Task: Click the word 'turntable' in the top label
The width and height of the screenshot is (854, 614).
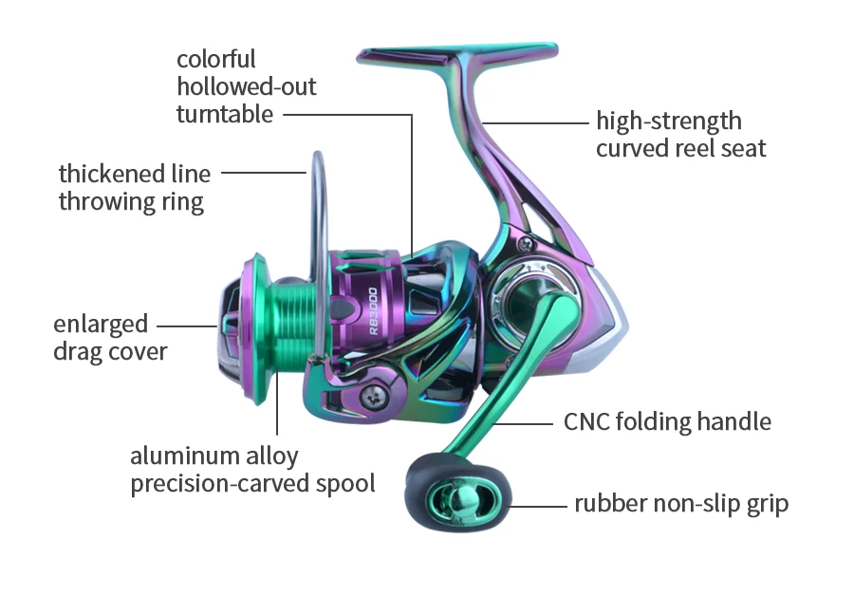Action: (x=225, y=115)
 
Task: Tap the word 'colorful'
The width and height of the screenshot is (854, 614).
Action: (x=216, y=59)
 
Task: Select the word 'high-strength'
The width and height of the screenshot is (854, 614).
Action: (x=668, y=121)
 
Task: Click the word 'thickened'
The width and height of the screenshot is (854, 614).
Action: (x=111, y=174)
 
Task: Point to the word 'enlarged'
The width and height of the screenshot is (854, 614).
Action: (x=101, y=324)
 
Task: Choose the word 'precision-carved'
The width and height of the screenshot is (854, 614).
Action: (x=219, y=483)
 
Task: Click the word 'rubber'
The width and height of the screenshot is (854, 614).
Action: (x=610, y=503)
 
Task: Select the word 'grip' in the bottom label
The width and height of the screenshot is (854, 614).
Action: (x=767, y=504)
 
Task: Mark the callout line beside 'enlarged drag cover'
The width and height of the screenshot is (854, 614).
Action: (x=191, y=326)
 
